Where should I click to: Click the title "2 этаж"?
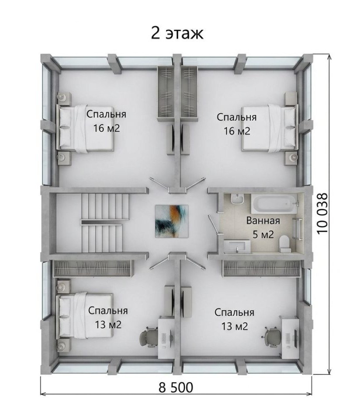[x=177, y=33]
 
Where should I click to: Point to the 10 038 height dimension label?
[x=322, y=213]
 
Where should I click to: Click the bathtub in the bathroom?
[x=274, y=204]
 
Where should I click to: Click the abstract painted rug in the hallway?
[x=172, y=221]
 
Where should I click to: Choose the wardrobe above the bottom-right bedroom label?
[x=261, y=268]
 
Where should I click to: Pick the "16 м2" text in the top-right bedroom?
[x=237, y=131]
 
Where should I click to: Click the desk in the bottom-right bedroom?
[x=290, y=337]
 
